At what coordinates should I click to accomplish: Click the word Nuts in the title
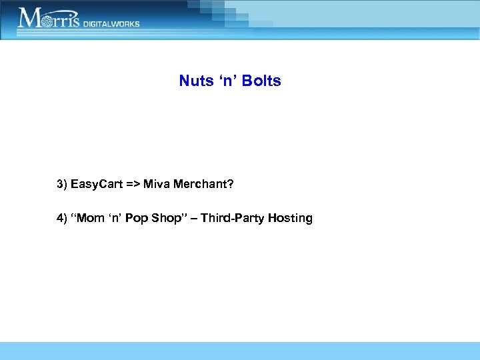tap(195, 81)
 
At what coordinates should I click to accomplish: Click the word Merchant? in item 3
tap(204, 184)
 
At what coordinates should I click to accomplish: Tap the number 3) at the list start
tap(62, 184)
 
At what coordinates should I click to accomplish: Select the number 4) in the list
tap(62, 218)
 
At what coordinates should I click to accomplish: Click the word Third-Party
tap(234, 218)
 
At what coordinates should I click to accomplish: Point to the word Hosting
tap(291, 218)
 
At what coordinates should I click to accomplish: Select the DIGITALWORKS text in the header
tap(112, 23)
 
